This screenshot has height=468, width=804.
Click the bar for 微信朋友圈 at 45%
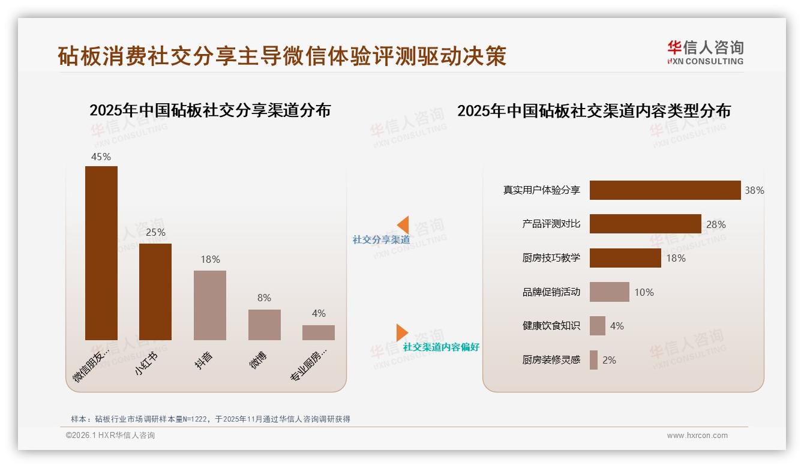click(x=101, y=253)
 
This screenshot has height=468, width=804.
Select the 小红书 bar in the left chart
click(x=155, y=292)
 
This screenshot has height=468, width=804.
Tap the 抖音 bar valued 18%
click(x=210, y=305)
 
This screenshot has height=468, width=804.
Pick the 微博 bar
click(x=264, y=325)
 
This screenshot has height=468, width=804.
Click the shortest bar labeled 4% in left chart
click(x=319, y=332)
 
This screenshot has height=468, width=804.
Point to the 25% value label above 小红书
click(x=155, y=232)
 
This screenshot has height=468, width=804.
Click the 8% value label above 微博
click(x=264, y=298)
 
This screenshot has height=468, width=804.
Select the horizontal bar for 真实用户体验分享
click(x=665, y=190)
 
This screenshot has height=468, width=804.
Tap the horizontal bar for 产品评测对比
click(x=645, y=224)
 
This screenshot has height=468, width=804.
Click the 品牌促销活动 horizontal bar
click(x=609, y=292)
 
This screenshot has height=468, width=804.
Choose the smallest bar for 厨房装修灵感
click(x=593, y=360)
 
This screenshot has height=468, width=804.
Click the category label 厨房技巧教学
click(x=551, y=258)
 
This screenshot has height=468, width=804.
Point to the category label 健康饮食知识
click(x=551, y=326)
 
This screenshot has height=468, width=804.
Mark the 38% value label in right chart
click(x=754, y=190)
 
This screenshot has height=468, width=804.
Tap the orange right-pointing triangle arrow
click(x=401, y=332)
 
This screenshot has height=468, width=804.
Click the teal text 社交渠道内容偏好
click(x=441, y=347)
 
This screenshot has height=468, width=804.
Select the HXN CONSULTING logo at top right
click(x=705, y=53)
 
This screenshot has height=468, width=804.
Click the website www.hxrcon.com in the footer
click(x=697, y=436)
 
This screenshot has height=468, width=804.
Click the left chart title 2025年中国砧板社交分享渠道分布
click(x=210, y=110)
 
